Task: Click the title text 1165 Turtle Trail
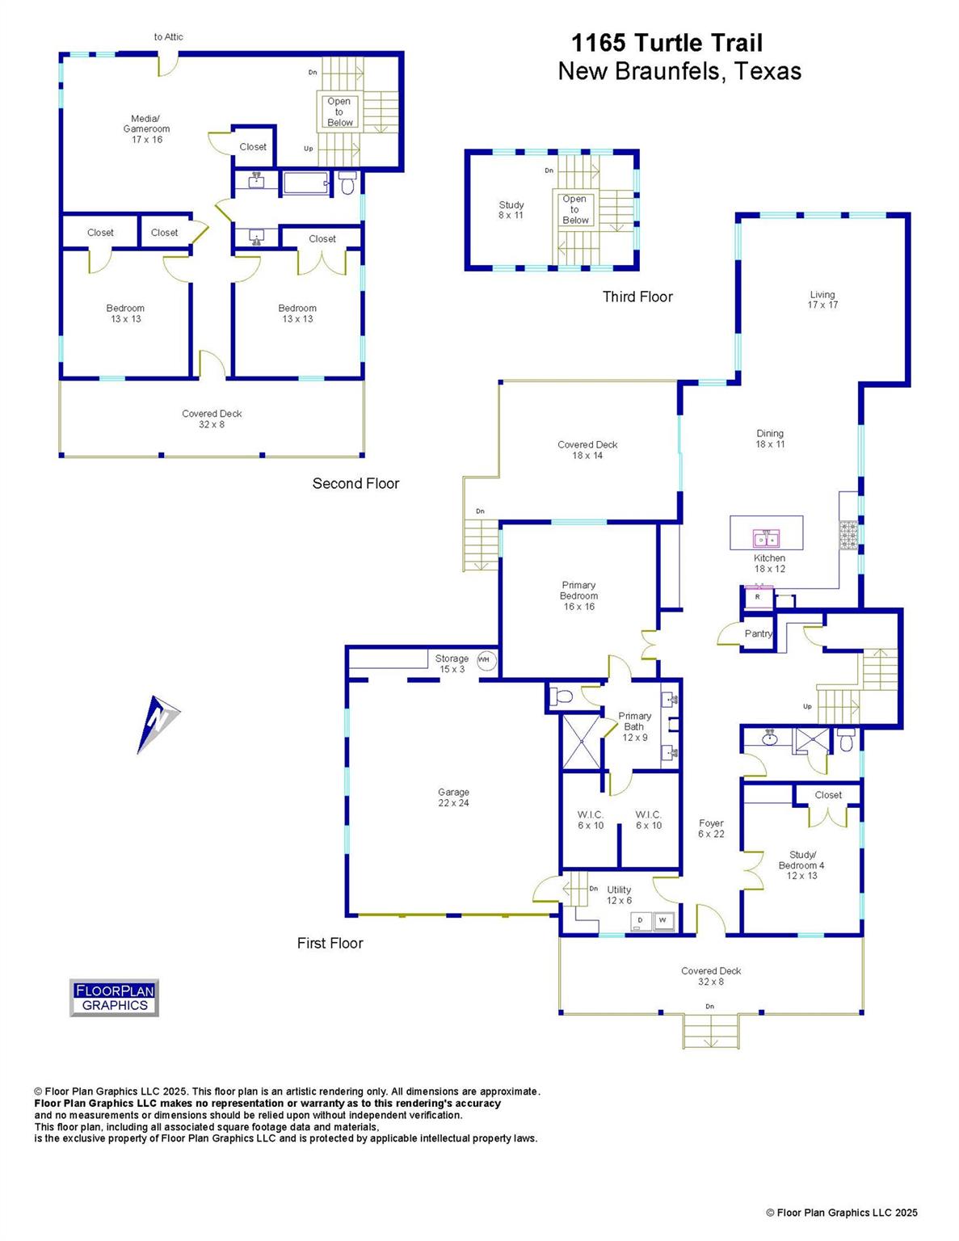point(667,43)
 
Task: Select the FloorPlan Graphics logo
point(114,997)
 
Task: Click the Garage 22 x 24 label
point(453,797)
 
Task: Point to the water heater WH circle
point(484,660)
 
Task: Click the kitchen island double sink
point(766,538)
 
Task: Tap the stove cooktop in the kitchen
point(848,535)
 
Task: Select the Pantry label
point(758,633)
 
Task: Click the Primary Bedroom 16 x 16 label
point(578,595)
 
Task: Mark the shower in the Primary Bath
point(581,741)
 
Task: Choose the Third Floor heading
point(637,297)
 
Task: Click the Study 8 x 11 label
point(511,210)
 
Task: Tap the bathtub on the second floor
point(305,183)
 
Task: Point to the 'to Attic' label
point(168,36)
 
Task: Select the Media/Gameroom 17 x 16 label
point(147,128)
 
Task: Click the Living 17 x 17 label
point(822,300)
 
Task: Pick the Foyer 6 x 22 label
point(711,828)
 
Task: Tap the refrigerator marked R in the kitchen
point(758,597)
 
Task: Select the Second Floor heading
point(355,483)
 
